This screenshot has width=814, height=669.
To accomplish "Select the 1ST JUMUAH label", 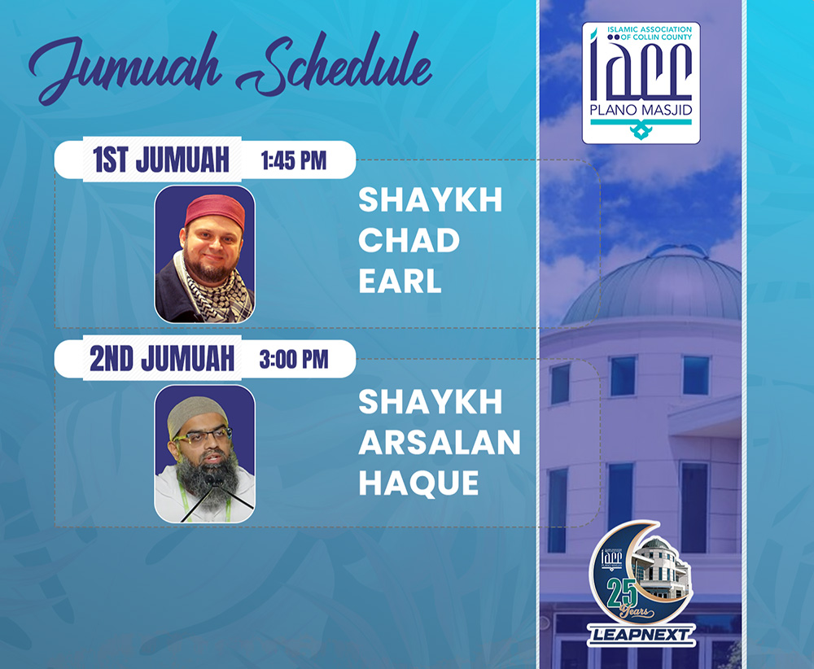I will click(x=161, y=160).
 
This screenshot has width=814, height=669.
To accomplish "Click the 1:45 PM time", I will click(x=294, y=160).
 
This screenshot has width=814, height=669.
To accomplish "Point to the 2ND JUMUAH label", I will click(x=162, y=360).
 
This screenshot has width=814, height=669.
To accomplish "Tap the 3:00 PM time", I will click(x=294, y=360).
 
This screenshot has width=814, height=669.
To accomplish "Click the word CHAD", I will click(x=409, y=241).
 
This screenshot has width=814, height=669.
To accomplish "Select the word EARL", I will click(x=400, y=282).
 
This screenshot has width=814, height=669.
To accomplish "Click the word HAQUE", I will click(x=418, y=483).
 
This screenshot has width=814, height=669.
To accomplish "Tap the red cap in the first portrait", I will click(x=214, y=208).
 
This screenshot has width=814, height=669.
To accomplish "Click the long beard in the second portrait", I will click(x=207, y=480).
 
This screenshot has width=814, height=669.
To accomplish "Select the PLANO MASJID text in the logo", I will click(x=641, y=111).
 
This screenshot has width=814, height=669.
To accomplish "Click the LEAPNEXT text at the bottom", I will click(x=640, y=632).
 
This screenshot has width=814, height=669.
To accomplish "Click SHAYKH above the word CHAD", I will click(x=431, y=201).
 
